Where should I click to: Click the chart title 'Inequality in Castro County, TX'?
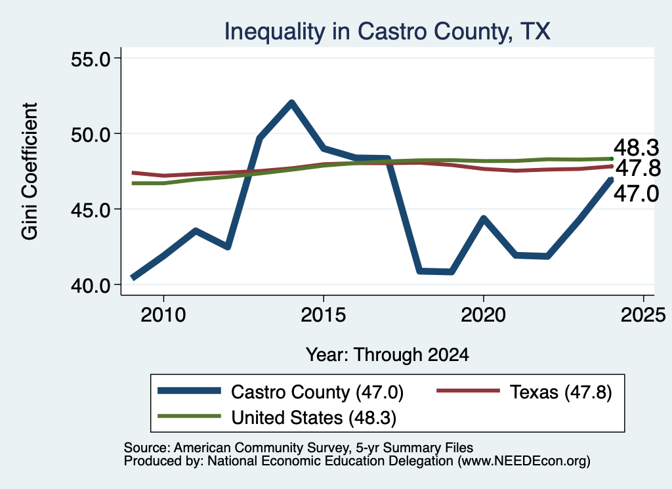[x=387, y=32]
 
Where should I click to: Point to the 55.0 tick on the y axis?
[x=91, y=58]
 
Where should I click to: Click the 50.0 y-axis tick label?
[x=91, y=134]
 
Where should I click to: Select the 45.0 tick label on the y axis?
[x=91, y=209]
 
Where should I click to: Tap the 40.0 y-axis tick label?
[x=91, y=285]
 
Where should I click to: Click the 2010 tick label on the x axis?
[x=163, y=315]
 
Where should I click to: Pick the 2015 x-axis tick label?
[x=323, y=315]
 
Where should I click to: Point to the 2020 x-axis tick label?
[x=484, y=315]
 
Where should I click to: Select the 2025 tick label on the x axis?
[x=643, y=315]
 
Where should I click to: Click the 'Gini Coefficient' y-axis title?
[x=30, y=171]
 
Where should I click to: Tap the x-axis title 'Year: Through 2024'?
[x=387, y=355]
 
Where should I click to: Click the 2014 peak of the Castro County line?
[x=291, y=103]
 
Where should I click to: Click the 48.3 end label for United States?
[x=637, y=148]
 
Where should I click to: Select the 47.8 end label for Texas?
[x=638, y=168]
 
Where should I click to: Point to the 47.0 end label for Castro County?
[x=637, y=194]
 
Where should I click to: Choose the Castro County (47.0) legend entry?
[x=281, y=392]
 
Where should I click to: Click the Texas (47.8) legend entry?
[x=524, y=392]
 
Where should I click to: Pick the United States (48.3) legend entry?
[x=277, y=417]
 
